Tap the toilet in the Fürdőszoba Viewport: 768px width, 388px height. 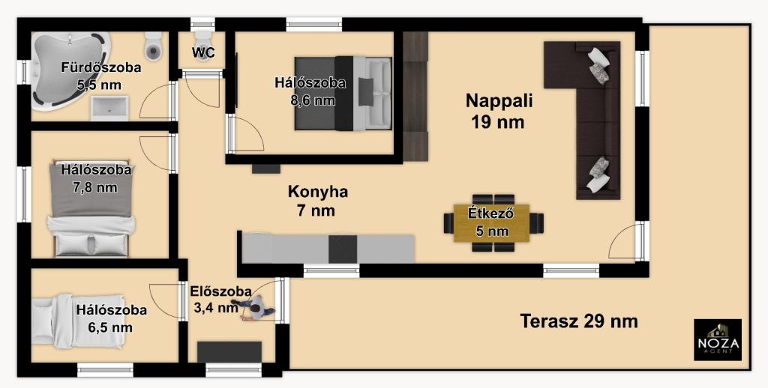pyautogui.click(x=153, y=47)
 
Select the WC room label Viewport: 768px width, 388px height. pyautogui.click(x=203, y=52)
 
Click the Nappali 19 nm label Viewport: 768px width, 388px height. pyautogui.click(x=499, y=112)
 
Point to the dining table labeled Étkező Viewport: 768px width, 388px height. pyautogui.click(x=492, y=223)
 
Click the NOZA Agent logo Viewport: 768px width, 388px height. pyautogui.click(x=718, y=339)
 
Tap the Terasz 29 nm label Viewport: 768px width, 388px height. pyautogui.click(x=579, y=321)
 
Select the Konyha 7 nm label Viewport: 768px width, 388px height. pyautogui.click(x=317, y=201)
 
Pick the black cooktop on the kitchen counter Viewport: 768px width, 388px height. pyautogui.click(x=343, y=249)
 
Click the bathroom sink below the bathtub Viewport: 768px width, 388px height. pyautogui.click(x=109, y=108)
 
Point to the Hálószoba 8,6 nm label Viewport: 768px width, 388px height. pyautogui.click(x=310, y=91)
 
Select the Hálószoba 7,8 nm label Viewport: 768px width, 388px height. pyautogui.click(x=96, y=178)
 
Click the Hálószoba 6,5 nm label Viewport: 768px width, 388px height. pyautogui.click(x=111, y=318)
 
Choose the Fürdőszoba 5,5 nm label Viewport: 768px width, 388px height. pyautogui.click(x=101, y=76)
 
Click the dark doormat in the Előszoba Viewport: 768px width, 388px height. pyautogui.click(x=229, y=352)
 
